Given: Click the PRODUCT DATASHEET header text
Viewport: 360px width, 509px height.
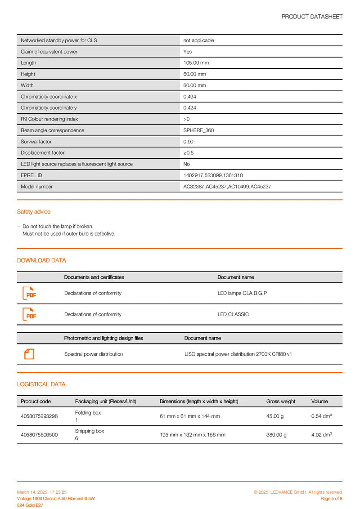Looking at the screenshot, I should [x=312, y=17].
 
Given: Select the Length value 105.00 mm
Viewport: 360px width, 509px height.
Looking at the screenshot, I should [x=196, y=63].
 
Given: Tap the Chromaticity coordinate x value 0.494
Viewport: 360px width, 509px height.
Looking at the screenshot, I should [x=189, y=97].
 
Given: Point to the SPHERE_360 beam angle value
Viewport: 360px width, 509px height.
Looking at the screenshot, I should [x=198, y=130].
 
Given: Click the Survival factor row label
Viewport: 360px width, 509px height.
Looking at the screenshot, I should [x=36, y=142].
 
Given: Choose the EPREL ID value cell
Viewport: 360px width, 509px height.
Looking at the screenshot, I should [x=213, y=175].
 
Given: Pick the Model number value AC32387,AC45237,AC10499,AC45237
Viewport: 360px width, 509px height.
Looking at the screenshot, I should [x=227, y=187].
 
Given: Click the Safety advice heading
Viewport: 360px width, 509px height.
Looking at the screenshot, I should [x=34, y=212].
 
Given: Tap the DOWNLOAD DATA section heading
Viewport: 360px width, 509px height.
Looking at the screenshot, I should [x=41, y=260].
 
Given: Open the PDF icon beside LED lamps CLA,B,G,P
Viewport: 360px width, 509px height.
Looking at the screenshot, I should [x=29, y=294].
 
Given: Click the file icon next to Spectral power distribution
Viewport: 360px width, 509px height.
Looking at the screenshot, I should [x=29, y=354].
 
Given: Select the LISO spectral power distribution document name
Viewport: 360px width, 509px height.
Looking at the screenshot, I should [x=238, y=354].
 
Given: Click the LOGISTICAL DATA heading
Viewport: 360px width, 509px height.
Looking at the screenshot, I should [x=41, y=384].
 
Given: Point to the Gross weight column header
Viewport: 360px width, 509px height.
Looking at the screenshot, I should [x=281, y=402].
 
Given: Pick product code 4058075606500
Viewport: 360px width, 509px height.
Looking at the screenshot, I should [x=39, y=435].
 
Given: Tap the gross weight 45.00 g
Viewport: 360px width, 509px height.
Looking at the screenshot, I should [x=275, y=416].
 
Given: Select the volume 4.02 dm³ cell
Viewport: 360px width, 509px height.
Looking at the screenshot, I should [x=321, y=435].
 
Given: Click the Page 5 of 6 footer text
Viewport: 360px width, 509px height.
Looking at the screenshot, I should [x=331, y=499].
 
